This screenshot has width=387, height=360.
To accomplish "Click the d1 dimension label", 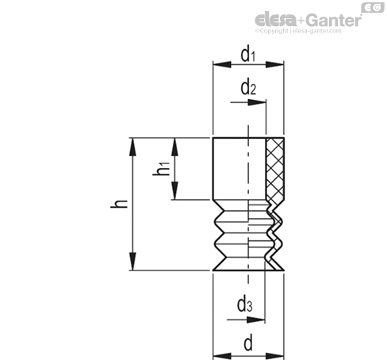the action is [x=248, y=56].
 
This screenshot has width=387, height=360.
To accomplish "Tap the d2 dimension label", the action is [x=248, y=88].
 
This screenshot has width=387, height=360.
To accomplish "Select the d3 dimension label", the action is [x=245, y=304].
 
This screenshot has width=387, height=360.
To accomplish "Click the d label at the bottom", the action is [x=248, y=343].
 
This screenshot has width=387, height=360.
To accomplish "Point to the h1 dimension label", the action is [x=161, y=169].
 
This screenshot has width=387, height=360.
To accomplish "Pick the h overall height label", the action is [x=119, y=204].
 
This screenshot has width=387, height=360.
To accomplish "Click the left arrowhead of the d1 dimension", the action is [x=222, y=64].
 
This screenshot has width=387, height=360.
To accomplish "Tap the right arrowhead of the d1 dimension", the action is [x=274, y=64].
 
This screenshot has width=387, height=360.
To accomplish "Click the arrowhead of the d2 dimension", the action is [x=257, y=102].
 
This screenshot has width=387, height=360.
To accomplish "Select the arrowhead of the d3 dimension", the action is [x=255, y=320].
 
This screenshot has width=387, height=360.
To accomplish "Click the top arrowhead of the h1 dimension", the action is [x=174, y=147].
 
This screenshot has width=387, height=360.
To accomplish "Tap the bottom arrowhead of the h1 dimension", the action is [x=174, y=190].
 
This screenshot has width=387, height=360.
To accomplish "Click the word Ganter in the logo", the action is [x=335, y=21].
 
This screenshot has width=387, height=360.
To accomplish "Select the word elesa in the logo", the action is [x=275, y=20].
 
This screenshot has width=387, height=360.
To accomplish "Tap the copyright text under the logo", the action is [x=298, y=31].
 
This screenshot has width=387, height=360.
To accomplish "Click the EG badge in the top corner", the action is [x=373, y=7].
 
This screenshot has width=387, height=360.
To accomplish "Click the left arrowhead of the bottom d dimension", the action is [x=222, y=356].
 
